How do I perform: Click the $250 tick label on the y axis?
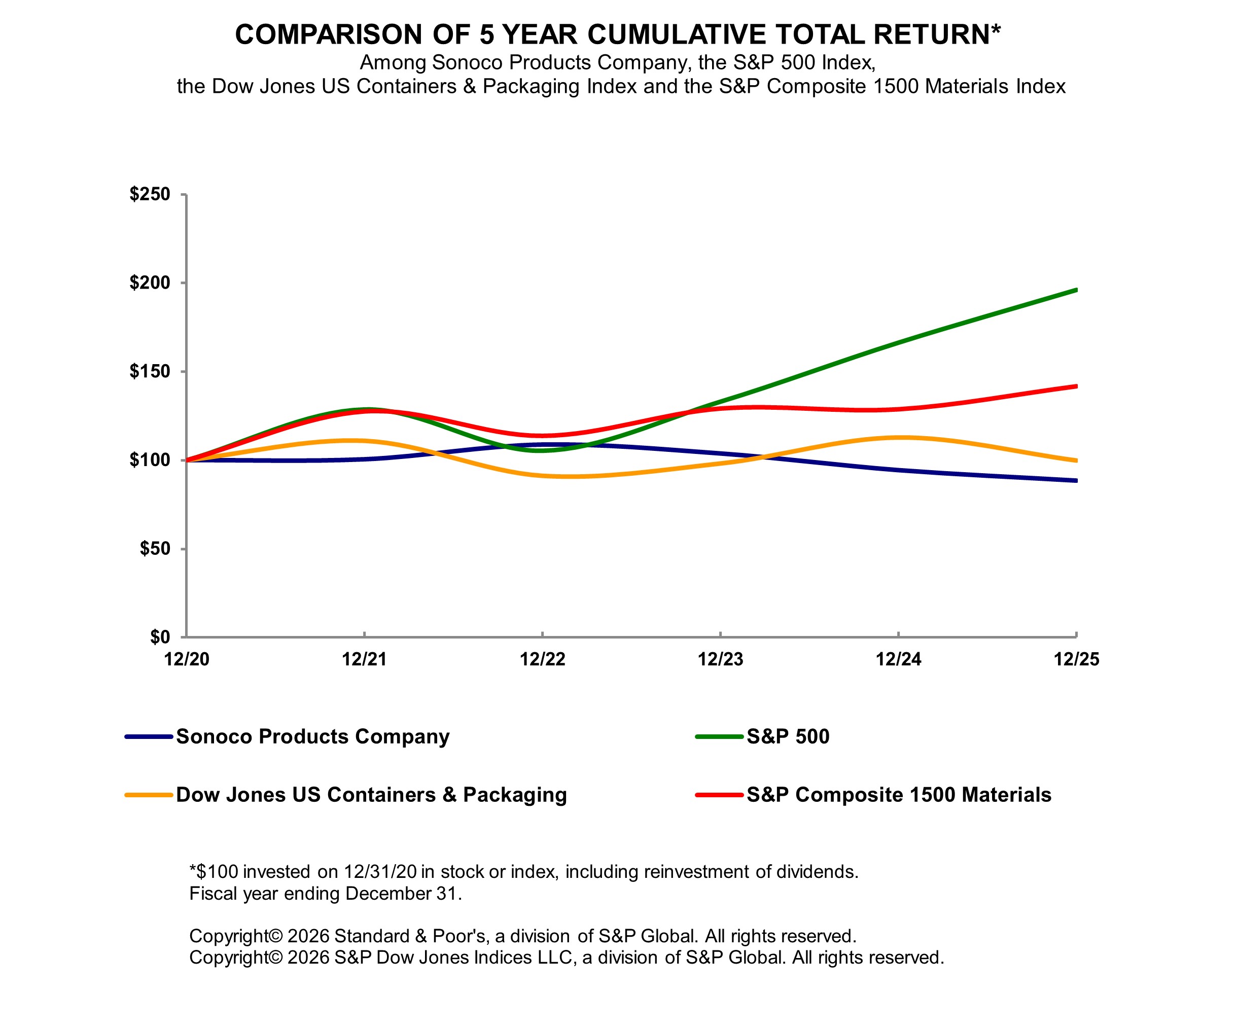(x=150, y=194)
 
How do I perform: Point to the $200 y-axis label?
(x=150, y=283)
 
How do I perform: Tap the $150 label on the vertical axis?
(x=150, y=371)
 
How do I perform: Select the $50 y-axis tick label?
(x=154, y=549)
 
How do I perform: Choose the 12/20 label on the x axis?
(x=187, y=659)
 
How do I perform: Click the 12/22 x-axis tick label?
(x=542, y=659)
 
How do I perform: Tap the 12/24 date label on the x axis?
(x=898, y=659)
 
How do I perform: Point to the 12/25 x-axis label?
(x=1076, y=659)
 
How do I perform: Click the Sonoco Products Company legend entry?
(x=312, y=736)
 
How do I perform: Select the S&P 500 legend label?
(x=788, y=736)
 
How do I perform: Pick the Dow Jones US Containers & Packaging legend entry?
(x=371, y=795)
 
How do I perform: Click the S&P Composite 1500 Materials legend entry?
(x=899, y=795)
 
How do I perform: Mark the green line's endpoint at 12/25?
(x=1076, y=290)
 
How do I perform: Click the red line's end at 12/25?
(x=1076, y=386)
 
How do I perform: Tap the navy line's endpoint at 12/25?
(x=1076, y=481)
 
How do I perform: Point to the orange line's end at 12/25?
(x=1076, y=460)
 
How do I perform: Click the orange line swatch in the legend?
(x=148, y=795)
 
